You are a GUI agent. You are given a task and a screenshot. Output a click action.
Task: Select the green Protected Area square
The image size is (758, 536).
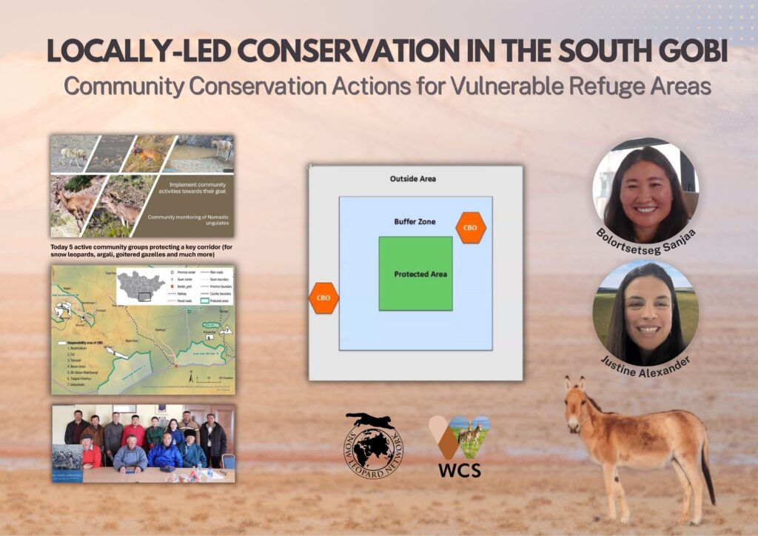(415, 273)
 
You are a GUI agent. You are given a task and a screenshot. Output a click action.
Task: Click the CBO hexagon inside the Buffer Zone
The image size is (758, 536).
(470, 227)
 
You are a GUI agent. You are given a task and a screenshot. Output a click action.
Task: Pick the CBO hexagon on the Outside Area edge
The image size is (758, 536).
(323, 298)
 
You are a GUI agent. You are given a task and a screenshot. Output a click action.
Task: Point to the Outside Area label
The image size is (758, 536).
(412, 178)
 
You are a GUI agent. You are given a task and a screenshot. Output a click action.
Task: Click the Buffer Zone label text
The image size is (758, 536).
(415, 221)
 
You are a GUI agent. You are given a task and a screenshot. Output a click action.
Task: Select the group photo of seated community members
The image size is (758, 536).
(143, 443)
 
